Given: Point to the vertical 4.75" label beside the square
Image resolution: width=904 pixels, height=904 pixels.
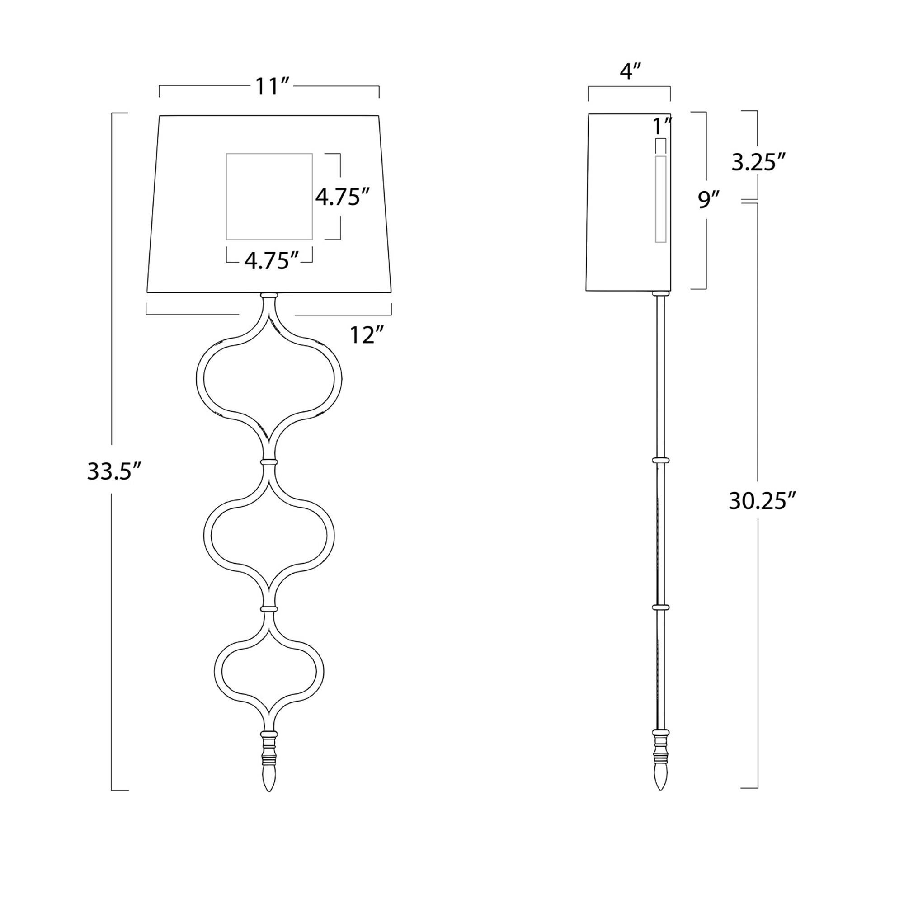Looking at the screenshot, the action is [x=344, y=197].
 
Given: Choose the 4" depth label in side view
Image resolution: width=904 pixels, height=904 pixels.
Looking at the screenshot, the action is [x=629, y=71].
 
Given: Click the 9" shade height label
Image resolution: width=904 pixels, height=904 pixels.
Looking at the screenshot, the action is [x=708, y=200].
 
